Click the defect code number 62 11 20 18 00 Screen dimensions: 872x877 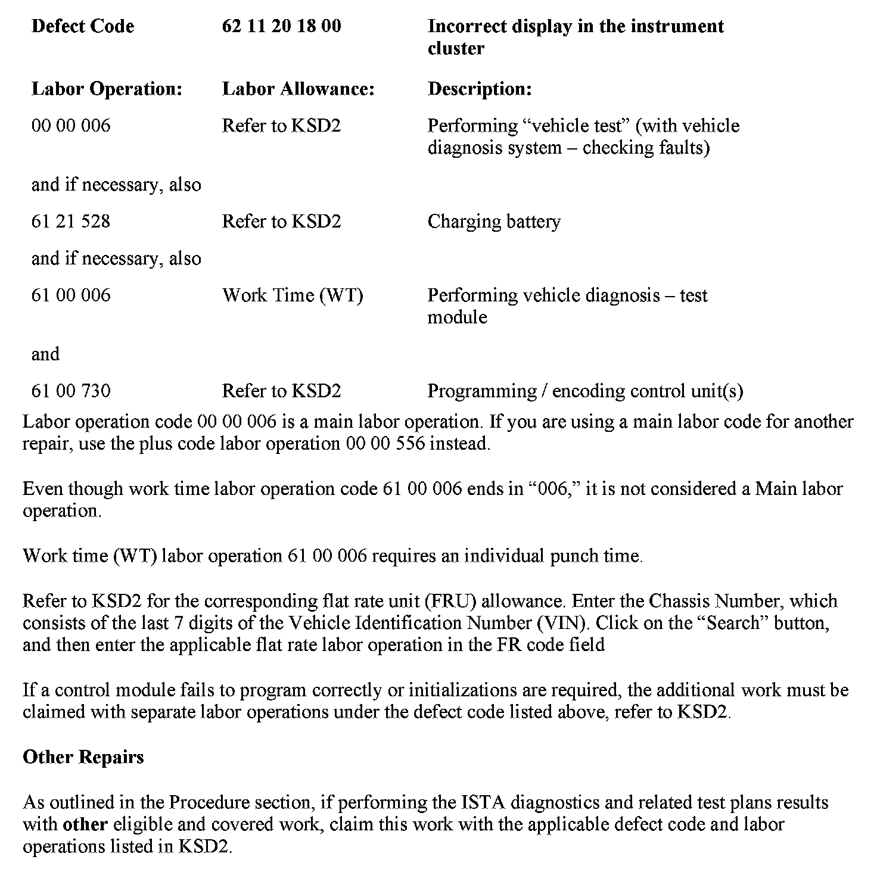coord(281,26)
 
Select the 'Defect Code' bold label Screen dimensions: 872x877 coord(82,26)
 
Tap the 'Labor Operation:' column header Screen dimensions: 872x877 coord(107,89)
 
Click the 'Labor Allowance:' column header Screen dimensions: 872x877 coord(298,89)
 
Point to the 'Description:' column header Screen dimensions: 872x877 coord(480,89)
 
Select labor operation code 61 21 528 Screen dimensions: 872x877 coord(70,222)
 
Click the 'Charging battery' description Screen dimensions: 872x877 coord(494,222)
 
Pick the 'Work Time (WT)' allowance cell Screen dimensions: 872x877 coord(293,295)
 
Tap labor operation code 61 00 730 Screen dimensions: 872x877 coord(70,391)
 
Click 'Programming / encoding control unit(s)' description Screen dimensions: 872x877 coord(585,391)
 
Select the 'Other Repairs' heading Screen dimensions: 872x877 coord(83,756)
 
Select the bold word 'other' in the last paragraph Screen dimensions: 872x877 coord(85,824)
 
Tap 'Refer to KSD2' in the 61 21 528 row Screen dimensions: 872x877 coord(281,222)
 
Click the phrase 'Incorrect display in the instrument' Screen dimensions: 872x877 coord(576,26)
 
